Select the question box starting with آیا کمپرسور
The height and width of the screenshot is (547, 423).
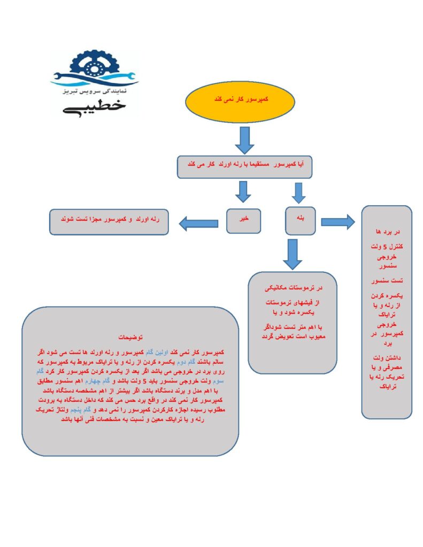(244, 167)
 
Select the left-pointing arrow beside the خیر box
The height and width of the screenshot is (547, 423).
(198, 223)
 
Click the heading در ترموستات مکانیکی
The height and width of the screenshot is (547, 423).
(291, 288)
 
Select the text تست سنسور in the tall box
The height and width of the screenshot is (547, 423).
(386, 280)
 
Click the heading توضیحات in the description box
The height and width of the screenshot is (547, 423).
(130, 338)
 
